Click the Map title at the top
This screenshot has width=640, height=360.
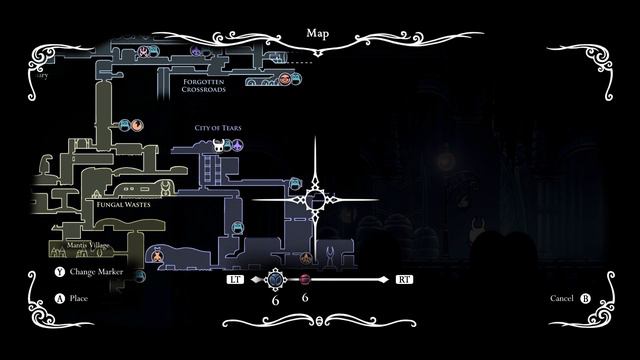point(319,33)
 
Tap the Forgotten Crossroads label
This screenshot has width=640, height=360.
point(204,85)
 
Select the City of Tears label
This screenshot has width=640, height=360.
point(218,129)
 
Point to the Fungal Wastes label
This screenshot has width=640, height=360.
point(123,204)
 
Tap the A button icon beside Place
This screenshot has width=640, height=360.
point(59,298)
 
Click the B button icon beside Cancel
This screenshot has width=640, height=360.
point(585,298)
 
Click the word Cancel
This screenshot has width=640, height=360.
point(562,298)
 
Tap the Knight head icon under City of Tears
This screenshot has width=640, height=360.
point(216,146)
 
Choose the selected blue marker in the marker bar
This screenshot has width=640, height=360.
point(276,280)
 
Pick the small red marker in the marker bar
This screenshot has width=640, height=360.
point(305,280)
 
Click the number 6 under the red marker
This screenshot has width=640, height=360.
point(304,298)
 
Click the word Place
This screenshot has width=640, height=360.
point(80,298)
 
